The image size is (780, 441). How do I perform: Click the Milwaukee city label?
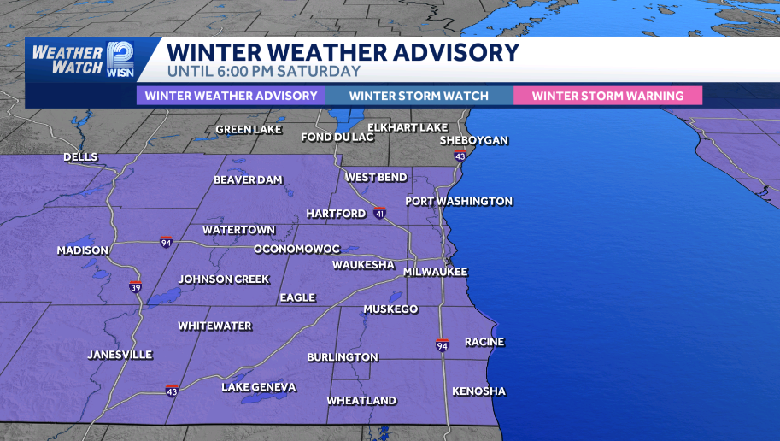pyautogui.click(x=436, y=272)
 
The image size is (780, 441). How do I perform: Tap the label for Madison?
pyautogui.click(x=83, y=250)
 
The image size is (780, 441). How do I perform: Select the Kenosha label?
pyautogui.click(x=478, y=391)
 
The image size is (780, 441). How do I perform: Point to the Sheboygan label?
pyautogui.click(x=474, y=140)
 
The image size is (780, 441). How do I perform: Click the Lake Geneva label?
pyautogui.click(x=259, y=387)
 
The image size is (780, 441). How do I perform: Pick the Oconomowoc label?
pyautogui.click(x=296, y=249)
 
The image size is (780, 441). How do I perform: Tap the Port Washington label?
pyautogui.click(x=459, y=202)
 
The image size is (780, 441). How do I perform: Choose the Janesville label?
pyautogui.click(x=120, y=355)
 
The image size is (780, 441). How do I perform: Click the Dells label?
pyautogui.click(x=80, y=157)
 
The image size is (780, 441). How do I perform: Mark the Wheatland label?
pyautogui.click(x=361, y=401)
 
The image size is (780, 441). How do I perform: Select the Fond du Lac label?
pyautogui.click(x=338, y=138)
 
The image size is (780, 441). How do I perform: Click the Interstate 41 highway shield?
pyautogui.click(x=379, y=212)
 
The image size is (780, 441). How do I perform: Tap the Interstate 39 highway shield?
pyautogui.click(x=136, y=287)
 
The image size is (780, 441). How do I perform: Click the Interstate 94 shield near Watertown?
pyautogui.click(x=166, y=242)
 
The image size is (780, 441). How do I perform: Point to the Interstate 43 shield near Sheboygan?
pyautogui.click(x=460, y=156)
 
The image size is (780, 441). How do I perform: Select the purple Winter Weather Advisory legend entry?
pyautogui.click(x=231, y=96)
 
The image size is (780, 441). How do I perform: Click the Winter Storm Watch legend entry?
pyautogui.click(x=419, y=96)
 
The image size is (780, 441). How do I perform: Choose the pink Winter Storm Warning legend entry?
pyautogui.click(x=607, y=96)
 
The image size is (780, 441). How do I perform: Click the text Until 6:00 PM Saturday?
pyautogui.click(x=264, y=72)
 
